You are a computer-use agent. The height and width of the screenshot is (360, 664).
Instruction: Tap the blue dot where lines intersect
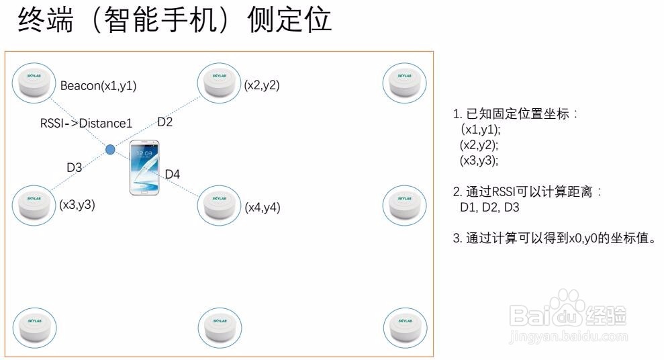point(110,149)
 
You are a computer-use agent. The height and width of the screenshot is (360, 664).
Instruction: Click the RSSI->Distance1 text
point(86,124)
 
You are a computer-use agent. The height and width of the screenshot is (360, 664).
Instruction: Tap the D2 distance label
point(164,122)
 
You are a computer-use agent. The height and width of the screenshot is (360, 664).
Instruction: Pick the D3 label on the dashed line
point(74,167)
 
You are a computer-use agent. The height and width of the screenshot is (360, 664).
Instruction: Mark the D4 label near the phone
point(173,175)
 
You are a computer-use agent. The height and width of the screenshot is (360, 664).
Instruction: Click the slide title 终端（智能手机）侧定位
point(175,20)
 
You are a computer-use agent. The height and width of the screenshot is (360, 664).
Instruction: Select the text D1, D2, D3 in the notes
point(489,208)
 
